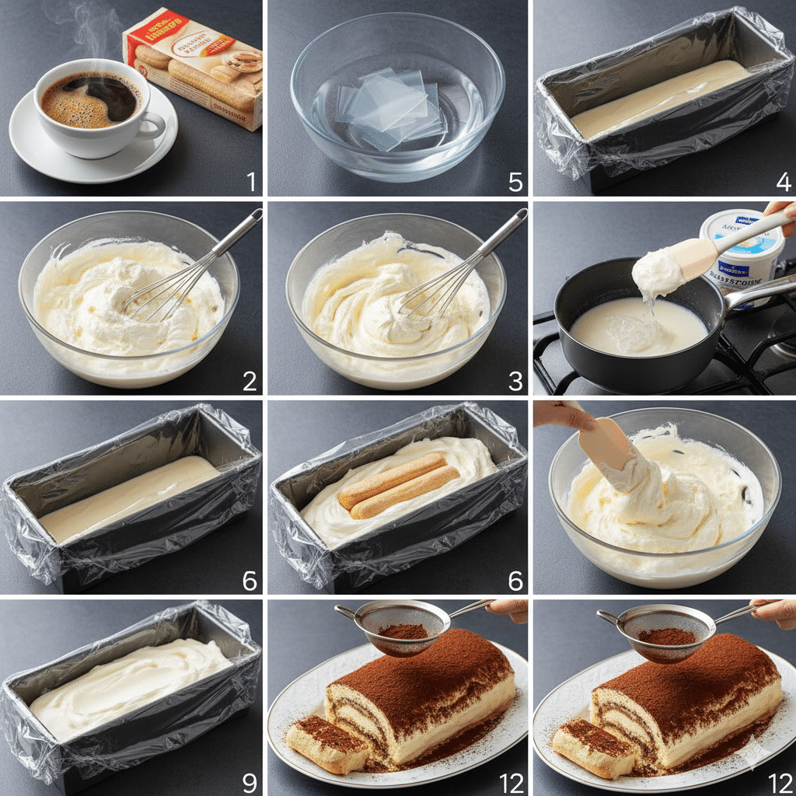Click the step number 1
(x=250, y=183)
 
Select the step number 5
(x=515, y=183)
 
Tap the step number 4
(x=782, y=183)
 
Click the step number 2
(x=250, y=382)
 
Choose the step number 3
(x=515, y=382)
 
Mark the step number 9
(x=250, y=780)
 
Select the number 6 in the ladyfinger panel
(x=515, y=581)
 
